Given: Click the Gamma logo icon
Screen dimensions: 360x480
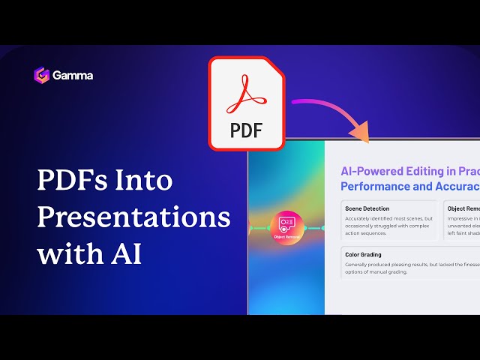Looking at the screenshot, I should coord(41,75).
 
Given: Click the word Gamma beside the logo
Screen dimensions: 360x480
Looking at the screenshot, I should coord(73,76).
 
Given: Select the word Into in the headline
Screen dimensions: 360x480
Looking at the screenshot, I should coord(145,181).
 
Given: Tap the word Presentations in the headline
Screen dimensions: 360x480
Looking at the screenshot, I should coord(133,217).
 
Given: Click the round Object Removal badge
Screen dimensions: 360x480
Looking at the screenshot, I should coord(287,227).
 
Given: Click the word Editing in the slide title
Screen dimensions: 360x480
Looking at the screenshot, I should coord(427,171).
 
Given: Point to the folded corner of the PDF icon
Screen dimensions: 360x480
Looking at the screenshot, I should coord(274,67).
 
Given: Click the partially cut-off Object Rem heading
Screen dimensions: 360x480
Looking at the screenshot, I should coord(463,208).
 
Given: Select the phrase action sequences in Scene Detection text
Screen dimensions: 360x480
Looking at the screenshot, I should coord(370,232).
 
